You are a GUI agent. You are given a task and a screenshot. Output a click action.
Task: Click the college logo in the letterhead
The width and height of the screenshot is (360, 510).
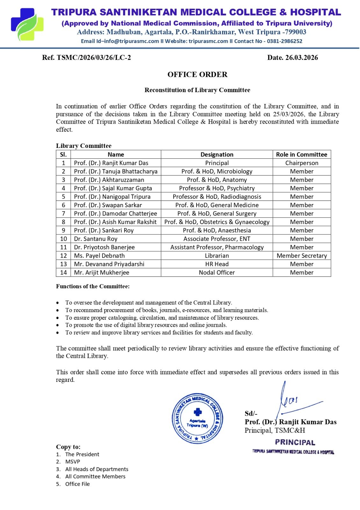click(x=27, y=25)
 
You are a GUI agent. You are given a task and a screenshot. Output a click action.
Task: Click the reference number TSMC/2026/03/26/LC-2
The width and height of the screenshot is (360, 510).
click(x=94, y=58)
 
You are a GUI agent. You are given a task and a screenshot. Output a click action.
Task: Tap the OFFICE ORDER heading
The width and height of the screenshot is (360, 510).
click(x=198, y=75)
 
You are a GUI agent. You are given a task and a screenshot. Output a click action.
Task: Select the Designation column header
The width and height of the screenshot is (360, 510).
click(x=217, y=155)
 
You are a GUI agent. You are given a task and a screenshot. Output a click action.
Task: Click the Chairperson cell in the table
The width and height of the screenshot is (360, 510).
click(x=302, y=163)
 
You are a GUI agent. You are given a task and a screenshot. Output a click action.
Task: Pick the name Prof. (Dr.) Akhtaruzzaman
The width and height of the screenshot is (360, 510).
click(x=109, y=180)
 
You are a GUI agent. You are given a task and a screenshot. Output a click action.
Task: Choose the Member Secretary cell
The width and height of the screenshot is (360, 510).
click(x=302, y=256)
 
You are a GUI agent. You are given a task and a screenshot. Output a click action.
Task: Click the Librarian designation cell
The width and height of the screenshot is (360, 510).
click(x=217, y=256)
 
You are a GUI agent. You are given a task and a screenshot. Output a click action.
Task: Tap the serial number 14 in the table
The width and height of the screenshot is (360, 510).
click(x=63, y=273)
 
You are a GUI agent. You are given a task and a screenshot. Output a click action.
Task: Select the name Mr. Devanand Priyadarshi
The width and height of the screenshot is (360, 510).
click(x=109, y=264)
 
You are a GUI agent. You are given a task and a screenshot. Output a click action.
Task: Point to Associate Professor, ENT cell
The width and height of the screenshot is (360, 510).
click(x=217, y=239)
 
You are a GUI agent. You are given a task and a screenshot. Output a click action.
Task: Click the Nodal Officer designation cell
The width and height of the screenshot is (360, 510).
click(x=217, y=273)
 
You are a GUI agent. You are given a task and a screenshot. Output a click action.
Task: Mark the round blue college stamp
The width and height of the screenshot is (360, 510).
click(x=198, y=418)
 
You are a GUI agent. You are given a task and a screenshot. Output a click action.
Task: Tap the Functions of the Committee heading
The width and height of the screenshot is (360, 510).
click(x=93, y=286)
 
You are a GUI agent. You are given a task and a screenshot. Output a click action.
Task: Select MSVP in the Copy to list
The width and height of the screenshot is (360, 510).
click(x=73, y=462)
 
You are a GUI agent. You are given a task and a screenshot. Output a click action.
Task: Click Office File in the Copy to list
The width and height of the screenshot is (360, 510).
click(x=77, y=484)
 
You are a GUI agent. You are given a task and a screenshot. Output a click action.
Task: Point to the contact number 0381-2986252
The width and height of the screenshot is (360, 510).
click(x=284, y=41)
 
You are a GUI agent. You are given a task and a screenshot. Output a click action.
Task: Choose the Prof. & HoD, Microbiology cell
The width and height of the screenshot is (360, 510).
click(x=217, y=171)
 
